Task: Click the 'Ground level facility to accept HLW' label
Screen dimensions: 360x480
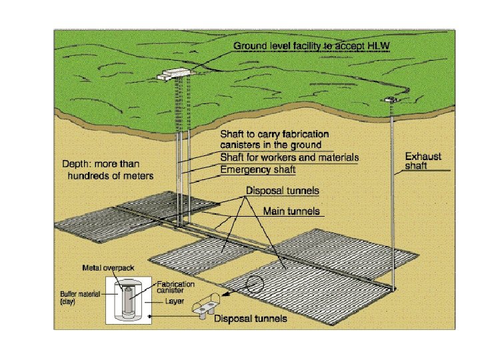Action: [311, 46]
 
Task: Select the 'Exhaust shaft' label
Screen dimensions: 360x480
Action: [423, 161]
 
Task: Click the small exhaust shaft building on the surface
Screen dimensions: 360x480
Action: [389, 100]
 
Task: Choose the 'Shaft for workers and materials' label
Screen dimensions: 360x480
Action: [289, 158]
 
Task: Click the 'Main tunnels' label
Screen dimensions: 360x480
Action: [292, 211]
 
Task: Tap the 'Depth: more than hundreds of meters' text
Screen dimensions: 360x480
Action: [108, 169]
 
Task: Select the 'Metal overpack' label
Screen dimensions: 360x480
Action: [108, 268]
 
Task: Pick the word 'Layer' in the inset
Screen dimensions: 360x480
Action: [175, 301]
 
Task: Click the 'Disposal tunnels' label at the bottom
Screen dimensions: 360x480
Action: [250, 319]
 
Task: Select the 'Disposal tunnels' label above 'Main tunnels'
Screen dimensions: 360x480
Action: [282, 191]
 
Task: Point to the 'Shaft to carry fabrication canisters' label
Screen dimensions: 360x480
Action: [271, 139]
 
